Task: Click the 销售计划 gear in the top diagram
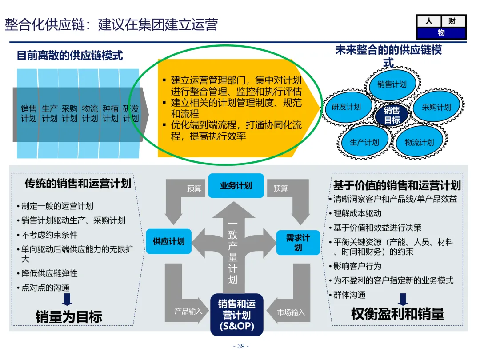(x=392, y=84)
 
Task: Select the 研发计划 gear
(x=346, y=107)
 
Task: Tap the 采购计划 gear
(x=436, y=107)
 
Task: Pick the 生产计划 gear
(x=364, y=142)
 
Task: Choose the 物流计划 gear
(x=419, y=142)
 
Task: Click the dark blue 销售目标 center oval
(x=392, y=115)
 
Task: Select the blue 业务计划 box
(x=236, y=186)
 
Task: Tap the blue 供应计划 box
(x=168, y=242)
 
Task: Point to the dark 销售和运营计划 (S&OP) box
(x=236, y=315)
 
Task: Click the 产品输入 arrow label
(x=188, y=312)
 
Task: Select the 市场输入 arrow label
(x=291, y=312)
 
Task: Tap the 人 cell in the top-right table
(x=428, y=21)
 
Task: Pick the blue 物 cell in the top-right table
(x=441, y=33)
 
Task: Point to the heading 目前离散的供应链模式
(x=70, y=56)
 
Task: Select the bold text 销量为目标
(x=69, y=316)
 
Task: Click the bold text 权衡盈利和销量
(x=397, y=314)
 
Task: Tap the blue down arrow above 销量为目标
(x=67, y=299)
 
